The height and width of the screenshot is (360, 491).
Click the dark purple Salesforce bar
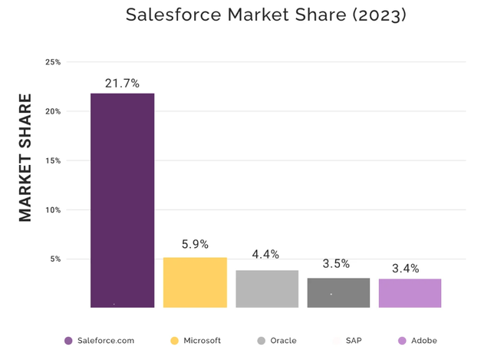(x=122, y=200)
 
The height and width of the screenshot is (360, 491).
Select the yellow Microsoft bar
(x=195, y=282)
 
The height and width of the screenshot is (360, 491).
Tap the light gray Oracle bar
(x=267, y=289)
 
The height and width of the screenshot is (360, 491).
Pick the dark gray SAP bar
(x=338, y=292)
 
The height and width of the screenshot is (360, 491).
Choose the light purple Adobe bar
(x=410, y=293)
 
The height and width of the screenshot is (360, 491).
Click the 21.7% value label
(x=122, y=84)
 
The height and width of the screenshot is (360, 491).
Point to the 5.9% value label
(x=195, y=245)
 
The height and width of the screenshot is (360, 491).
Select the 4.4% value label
(x=265, y=255)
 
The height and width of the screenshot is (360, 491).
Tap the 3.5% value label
(x=336, y=264)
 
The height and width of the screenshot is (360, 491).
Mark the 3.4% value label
(x=405, y=269)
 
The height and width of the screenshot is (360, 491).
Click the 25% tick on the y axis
(x=53, y=62)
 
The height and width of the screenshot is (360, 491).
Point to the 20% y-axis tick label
(x=53, y=111)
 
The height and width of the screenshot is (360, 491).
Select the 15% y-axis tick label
(x=53, y=160)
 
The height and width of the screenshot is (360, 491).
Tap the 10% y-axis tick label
(x=53, y=210)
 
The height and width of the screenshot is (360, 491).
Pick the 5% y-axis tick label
(x=55, y=259)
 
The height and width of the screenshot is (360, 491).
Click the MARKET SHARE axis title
(x=25, y=158)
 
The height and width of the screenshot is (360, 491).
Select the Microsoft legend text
(x=202, y=340)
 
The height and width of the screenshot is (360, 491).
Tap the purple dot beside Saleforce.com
(x=68, y=341)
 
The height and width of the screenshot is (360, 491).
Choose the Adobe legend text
(x=424, y=340)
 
